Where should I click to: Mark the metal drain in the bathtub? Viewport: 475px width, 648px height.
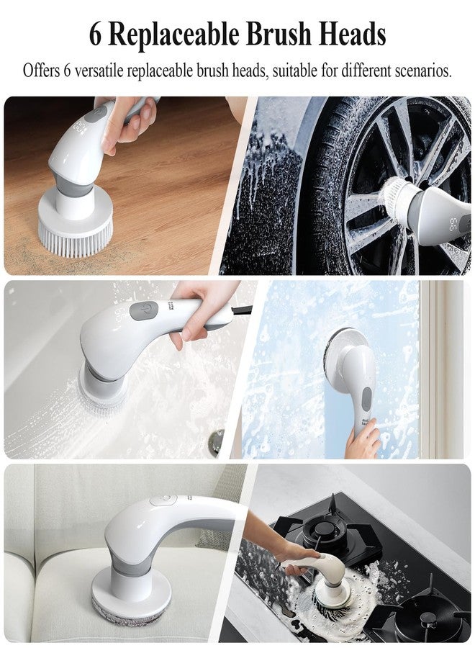tap(215, 441)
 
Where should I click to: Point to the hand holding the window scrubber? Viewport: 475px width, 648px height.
tap(363, 441)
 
